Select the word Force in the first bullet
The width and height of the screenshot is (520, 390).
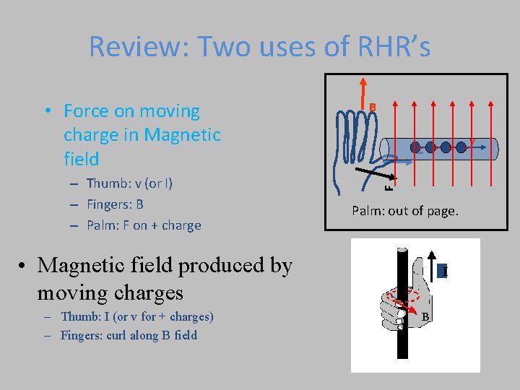[x=90, y=111]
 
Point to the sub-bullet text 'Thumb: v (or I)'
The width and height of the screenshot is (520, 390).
[x=129, y=183]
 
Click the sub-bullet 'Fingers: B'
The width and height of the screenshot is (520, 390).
[x=115, y=204]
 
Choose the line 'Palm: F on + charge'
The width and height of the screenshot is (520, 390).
[x=144, y=225]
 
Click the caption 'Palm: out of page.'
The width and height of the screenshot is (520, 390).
[x=404, y=211]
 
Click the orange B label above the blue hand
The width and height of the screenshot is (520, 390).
[x=373, y=108]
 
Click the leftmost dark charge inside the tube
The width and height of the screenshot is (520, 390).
[x=415, y=147]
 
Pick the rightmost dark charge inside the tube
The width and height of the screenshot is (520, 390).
[x=461, y=147]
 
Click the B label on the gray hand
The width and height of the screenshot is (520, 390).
[x=425, y=317]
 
